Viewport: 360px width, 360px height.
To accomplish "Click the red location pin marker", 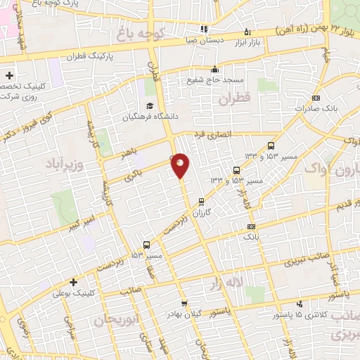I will click(x=181, y=165).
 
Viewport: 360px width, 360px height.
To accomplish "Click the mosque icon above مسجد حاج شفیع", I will click(x=214, y=69).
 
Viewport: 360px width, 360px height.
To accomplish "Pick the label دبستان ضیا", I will click(x=206, y=40).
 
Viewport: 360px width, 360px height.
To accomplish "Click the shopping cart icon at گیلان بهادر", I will click(x=184, y=304).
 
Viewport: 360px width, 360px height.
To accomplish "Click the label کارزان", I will click(x=201, y=212).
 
